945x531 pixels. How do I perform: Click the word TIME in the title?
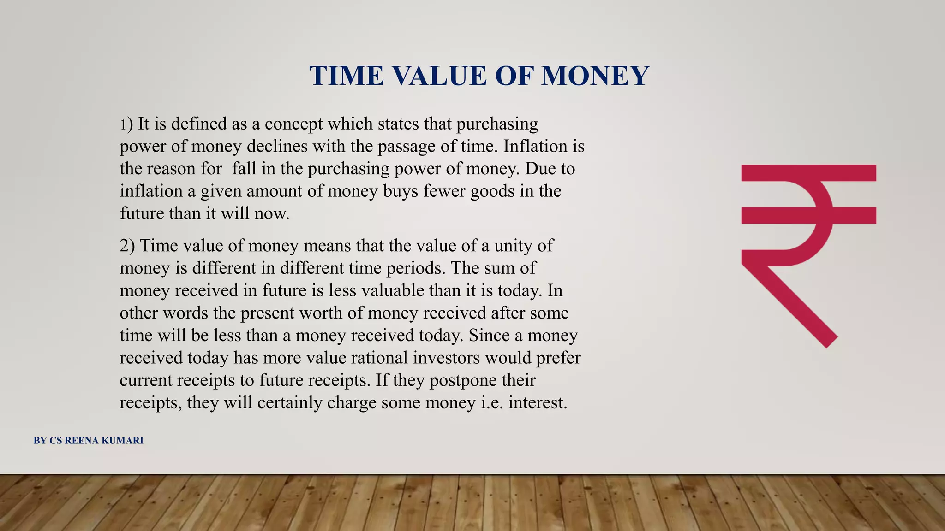(x=347, y=76)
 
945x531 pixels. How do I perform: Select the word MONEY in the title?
(x=595, y=76)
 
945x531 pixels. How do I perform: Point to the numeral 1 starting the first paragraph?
(x=123, y=124)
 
